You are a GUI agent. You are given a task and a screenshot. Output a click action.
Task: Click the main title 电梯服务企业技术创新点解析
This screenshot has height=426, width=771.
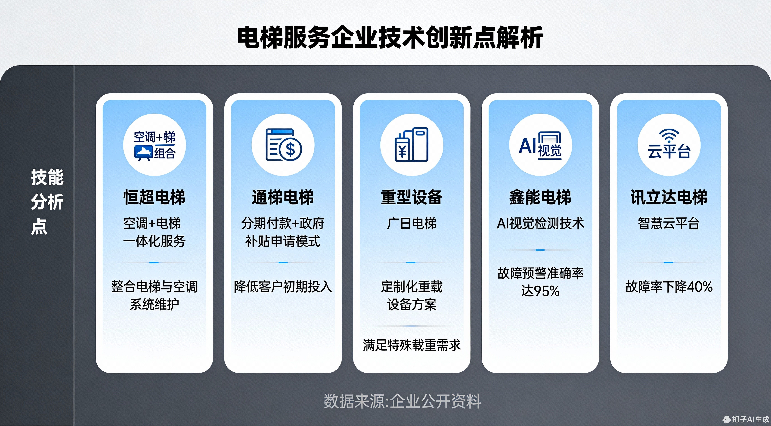click(x=390, y=38)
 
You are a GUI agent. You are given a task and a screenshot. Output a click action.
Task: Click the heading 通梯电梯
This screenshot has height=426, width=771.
click(x=283, y=197)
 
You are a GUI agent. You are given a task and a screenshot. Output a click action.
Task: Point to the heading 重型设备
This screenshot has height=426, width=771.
click(x=412, y=197)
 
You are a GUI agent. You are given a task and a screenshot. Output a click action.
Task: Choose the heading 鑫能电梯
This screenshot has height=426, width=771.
click(x=540, y=197)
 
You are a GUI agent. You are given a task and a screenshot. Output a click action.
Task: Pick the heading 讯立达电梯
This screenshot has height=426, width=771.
click(x=669, y=197)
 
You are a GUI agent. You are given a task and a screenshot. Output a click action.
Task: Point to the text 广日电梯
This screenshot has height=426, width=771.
click(x=412, y=223)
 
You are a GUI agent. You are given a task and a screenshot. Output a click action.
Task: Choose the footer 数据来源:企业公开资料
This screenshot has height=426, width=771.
click(x=402, y=401)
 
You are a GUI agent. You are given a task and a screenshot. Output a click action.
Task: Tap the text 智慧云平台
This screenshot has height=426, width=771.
click(x=669, y=223)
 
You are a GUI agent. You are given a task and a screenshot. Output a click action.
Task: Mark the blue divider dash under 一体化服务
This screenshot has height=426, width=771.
click(x=154, y=263)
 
